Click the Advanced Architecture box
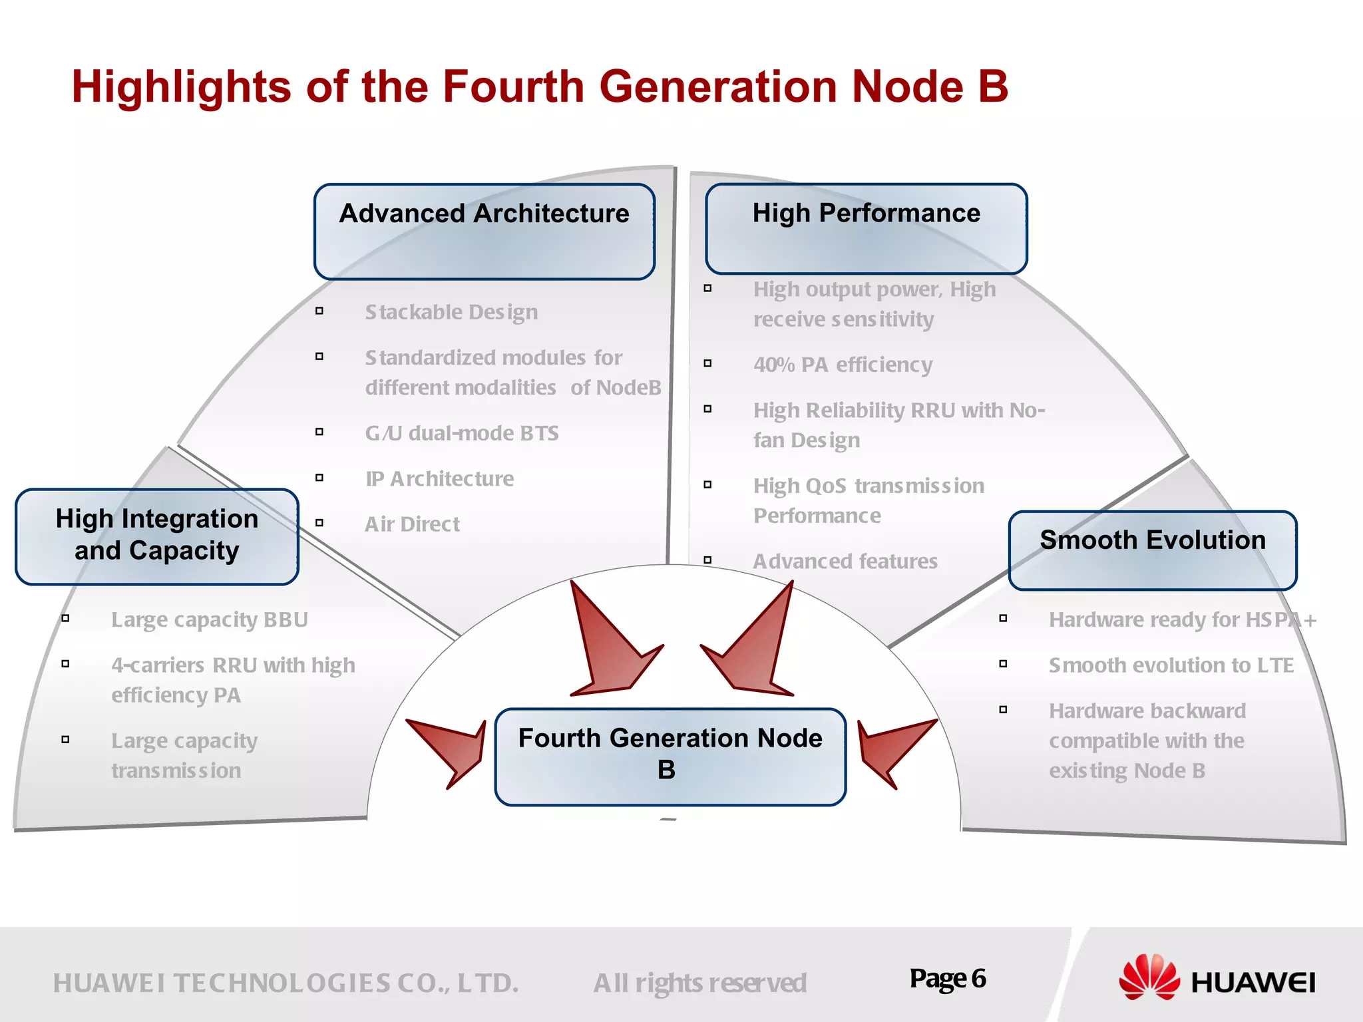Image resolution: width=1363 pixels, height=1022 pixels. click(x=485, y=232)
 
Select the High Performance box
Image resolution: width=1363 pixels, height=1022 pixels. click(x=866, y=228)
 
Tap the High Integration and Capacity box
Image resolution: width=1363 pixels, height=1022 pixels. click(x=157, y=536)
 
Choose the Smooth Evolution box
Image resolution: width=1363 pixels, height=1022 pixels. click(x=1153, y=550)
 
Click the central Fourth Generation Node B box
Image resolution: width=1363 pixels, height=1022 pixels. click(x=670, y=757)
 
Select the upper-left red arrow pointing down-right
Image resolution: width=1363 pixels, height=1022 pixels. click(x=609, y=645)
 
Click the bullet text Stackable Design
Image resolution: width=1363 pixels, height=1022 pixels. click(x=451, y=312)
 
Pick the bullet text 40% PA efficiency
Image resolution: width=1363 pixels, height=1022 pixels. click(x=843, y=365)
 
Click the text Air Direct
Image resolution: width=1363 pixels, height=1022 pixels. click(x=412, y=524)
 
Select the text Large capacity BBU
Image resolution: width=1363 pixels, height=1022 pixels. click(x=210, y=619)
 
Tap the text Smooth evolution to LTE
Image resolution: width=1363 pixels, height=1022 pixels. click(x=1171, y=665)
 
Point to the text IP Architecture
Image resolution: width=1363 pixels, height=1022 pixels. click(x=439, y=479)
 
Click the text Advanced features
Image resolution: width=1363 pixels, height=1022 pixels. click(x=845, y=562)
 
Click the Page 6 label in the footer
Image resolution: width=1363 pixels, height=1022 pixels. click(x=948, y=979)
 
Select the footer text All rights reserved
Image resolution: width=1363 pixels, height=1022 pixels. click(x=699, y=983)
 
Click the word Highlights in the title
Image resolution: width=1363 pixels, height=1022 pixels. click(x=181, y=87)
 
